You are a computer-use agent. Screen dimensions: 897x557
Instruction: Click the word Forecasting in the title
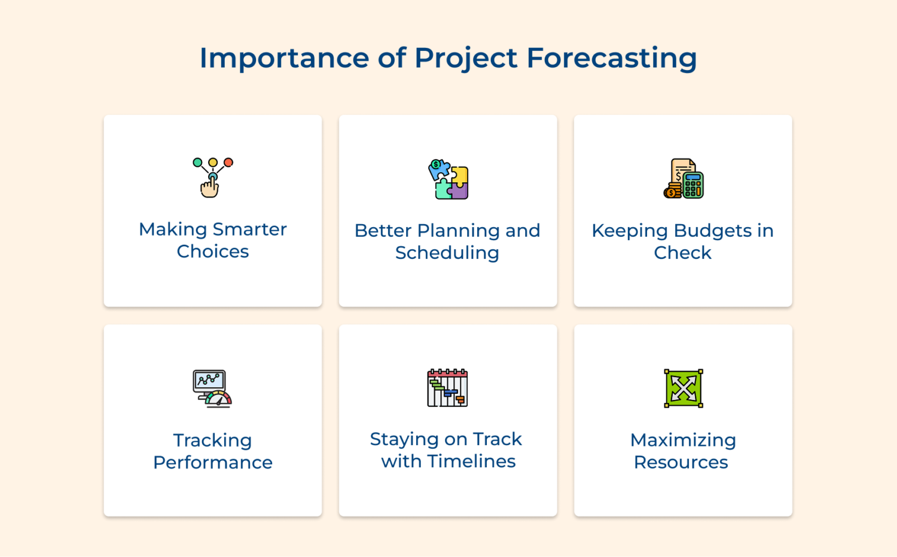(612, 59)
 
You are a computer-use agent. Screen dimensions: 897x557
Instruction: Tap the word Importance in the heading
(284, 59)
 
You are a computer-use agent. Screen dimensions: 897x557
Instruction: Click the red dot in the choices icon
(228, 163)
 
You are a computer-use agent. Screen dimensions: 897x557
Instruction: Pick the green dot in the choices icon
(197, 163)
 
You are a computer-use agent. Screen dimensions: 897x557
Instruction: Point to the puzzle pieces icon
(448, 179)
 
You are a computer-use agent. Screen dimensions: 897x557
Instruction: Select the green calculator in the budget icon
(693, 185)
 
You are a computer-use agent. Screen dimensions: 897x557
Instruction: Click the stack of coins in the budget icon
(672, 191)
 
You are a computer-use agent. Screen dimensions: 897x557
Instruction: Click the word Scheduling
(447, 253)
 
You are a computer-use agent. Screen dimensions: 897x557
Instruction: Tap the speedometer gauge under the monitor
(218, 399)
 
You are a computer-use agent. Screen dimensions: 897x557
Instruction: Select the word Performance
(213, 463)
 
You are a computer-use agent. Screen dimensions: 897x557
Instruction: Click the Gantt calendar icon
(447, 388)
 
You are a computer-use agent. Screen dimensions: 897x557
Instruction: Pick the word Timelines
(471, 461)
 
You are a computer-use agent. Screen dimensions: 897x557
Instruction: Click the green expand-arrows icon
(684, 388)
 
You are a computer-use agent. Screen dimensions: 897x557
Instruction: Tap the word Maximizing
(683, 440)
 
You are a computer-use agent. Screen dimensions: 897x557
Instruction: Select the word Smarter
(249, 229)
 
